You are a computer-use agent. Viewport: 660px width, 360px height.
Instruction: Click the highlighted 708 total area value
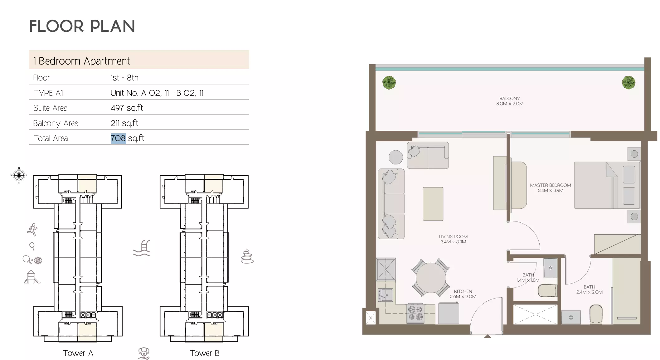click(x=118, y=138)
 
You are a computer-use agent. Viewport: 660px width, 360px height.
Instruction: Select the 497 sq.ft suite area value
click(x=126, y=108)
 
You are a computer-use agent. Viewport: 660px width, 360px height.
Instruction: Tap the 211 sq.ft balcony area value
click(x=124, y=123)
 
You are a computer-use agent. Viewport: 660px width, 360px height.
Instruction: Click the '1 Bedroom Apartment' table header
click(x=82, y=61)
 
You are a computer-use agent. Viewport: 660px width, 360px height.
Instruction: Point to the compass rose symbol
click(x=19, y=175)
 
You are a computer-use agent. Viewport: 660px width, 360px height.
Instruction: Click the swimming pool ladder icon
click(x=142, y=248)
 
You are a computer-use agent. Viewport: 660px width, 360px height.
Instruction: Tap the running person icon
click(x=32, y=230)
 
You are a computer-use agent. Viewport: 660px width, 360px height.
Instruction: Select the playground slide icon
click(x=32, y=277)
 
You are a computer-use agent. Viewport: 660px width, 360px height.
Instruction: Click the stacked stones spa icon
click(x=247, y=256)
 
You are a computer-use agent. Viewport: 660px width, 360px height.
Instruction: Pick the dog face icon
click(x=143, y=353)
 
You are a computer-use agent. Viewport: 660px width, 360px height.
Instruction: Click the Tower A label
click(x=78, y=353)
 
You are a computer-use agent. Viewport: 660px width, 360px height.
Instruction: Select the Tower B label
click(x=205, y=353)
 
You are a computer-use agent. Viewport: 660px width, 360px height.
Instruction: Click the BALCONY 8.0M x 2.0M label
click(x=510, y=101)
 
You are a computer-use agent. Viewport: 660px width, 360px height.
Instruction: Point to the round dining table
click(x=431, y=278)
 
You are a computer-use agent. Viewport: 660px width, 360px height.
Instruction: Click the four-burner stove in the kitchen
click(x=415, y=314)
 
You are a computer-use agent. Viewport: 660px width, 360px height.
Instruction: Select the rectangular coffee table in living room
click(x=433, y=204)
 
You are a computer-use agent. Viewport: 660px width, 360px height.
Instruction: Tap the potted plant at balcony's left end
click(x=389, y=83)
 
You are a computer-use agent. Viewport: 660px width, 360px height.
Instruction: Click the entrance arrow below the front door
click(x=488, y=337)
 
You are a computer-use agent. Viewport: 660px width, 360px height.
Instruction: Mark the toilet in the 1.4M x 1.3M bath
click(x=547, y=291)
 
